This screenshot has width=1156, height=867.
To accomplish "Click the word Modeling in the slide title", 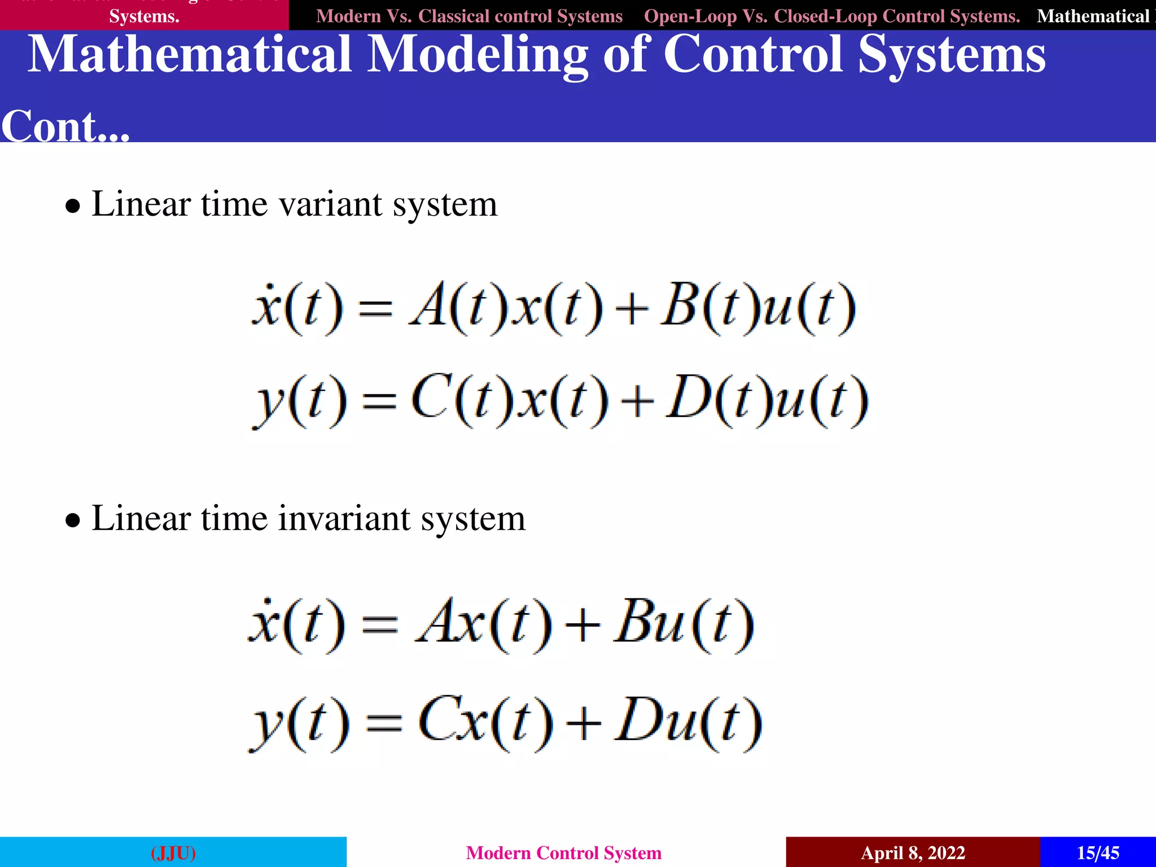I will (x=477, y=55).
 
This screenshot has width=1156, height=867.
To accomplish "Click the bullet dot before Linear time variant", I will (x=72, y=207).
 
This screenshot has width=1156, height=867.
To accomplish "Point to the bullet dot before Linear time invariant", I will (x=72, y=520).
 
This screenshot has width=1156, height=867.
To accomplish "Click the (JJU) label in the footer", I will (x=173, y=852).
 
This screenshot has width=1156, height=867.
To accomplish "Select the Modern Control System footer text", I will (x=563, y=852).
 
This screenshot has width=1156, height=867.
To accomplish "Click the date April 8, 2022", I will (x=913, y=852).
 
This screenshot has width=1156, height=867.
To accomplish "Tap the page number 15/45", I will (x=1097, y=852).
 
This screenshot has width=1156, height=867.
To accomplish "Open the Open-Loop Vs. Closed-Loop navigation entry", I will (x=831, y=16).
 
